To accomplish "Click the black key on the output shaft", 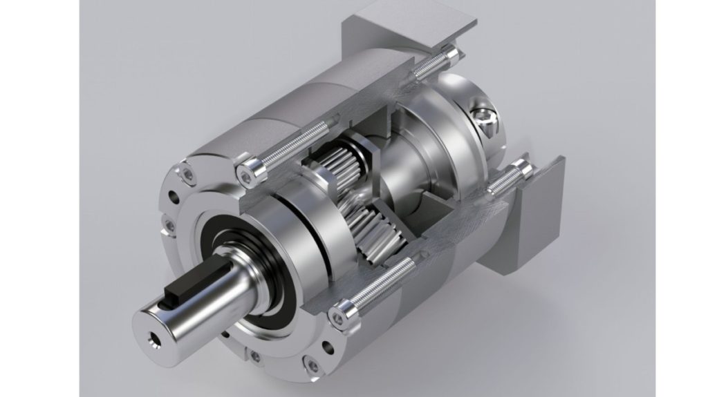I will pyautogui.click(x=185, y=282).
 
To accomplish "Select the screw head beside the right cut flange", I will pyautogui.click(x=519, y=168).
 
